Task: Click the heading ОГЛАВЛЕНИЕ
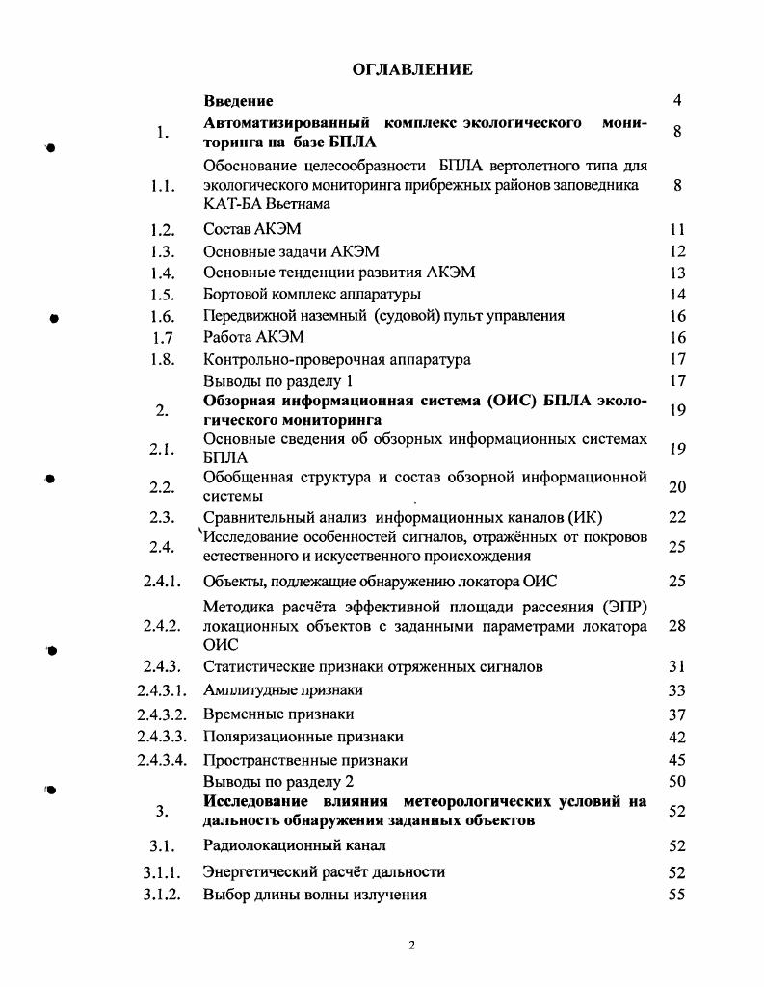tap(411, 69)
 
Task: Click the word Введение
tap(238, 100)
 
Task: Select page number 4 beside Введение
tap(677, 100)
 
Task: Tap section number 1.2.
tap(162, 229)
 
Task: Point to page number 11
tap(676, 229)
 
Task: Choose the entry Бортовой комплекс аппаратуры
tap(312, 294)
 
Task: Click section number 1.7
tap(162, 337)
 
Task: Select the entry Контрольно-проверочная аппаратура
tap(337, 359)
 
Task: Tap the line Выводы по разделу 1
tap(279, 380)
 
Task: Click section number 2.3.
tap(162, 517)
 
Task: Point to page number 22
tap(676, 517)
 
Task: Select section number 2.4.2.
tap(162, 626)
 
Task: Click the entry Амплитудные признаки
tap(283, 689)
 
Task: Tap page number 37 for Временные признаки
tap(676, 714)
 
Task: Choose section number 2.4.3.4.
tap(162, 760)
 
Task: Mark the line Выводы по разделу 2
tap(279, 781)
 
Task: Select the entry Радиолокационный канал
tap(295, 845)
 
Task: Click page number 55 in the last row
tap(676, 894)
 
